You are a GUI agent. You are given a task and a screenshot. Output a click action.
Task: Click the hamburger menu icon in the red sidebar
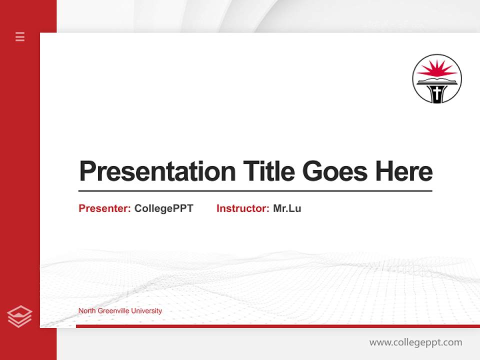click(x=20, y=36)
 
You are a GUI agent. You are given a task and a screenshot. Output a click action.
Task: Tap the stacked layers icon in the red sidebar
click(x=19, y=316)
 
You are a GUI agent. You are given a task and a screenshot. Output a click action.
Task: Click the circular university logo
click(x=437, y=79)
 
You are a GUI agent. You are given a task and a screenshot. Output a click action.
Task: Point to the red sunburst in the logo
click(x=437, y=69)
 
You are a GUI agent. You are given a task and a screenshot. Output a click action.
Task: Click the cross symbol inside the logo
click(x=437, y=93)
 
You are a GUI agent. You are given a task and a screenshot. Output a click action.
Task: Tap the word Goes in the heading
click(x=335, y=171)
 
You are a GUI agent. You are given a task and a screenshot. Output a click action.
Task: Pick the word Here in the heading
click(x=404, y=171)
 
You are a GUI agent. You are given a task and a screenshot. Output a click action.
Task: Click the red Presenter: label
click(x=104, y=208)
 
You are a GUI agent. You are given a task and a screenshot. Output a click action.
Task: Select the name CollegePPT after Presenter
click(x=163, y=208)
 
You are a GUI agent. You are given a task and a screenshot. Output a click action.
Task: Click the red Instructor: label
click(x=242, y=208)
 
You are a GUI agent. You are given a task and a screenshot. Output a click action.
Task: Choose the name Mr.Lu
click(x=287, y=208)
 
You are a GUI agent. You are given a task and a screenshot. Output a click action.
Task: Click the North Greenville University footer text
click(x=120, y=311)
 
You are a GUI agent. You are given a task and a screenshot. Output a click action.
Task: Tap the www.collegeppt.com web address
click(x=415, y=342)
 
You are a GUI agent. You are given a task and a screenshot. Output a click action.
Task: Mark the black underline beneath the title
click(x=255, y=191)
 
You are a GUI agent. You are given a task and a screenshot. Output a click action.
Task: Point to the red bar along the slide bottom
click(x=277, y=326)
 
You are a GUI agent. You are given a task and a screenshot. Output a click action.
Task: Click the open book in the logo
click(x=437, y=80)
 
